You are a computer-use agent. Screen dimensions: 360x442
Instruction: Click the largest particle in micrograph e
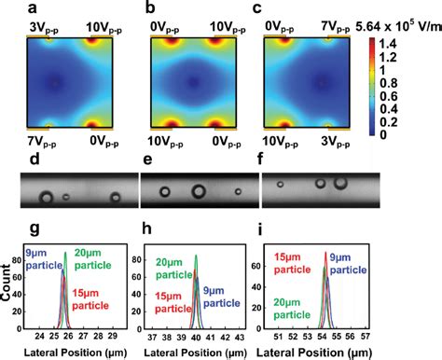pyautogui.click(x=199, y=192)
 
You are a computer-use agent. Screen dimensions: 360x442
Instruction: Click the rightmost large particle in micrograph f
pyautogui.click(x=341, y=184)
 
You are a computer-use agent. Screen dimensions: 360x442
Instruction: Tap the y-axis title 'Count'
pyautogui.click(x=7, y=281)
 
